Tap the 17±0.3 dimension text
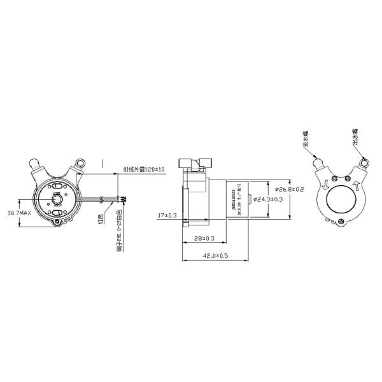pyautogui.click(x=167, y=216)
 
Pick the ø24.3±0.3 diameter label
pyautogui.click(x=268, y=199)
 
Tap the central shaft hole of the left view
pyautogui.click(x=58, y=198)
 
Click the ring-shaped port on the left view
pyautogui.click(x=81, y=164)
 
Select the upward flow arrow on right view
pyautogui.click(x=357, y=185)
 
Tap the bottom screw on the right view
pyautogui.click(x=343, y=222)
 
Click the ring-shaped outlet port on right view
pyautogui.click(x=364, y=164)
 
